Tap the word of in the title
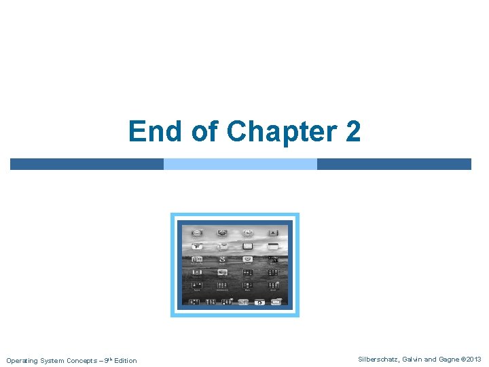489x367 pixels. click(204, 132)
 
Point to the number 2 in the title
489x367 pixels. click(352, 132)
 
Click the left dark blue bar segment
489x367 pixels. click(86, 164)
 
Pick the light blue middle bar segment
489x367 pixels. click(240, 164)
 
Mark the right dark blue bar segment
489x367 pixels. click(394, 164)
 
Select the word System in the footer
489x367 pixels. click(53, 360)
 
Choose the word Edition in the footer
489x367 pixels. click(126, 360)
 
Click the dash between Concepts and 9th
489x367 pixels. click(102, 360)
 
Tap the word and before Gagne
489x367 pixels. click(432, 360)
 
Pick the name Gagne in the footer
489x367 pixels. click(450, 360)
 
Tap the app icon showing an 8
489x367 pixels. click(222, 259)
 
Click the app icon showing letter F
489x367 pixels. click(197, 246)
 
